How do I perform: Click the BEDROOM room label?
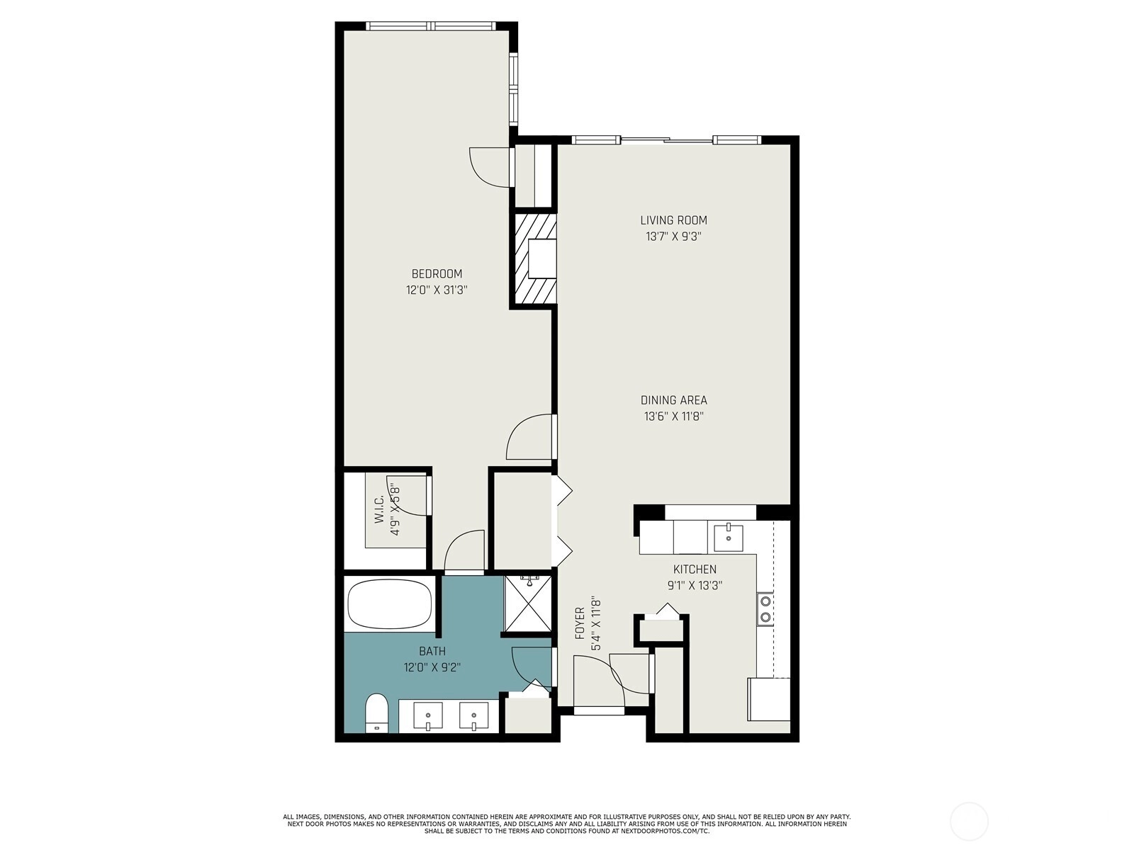pyautogui.click(x=437, y=273)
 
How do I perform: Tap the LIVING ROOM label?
pyautogui.click(x=674, y=220)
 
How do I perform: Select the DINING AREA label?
pyautogui.click(x=674, y=400)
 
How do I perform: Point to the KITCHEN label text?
pyautogui.click(x=695, y=569)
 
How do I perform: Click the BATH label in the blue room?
pyautogui.click(x=432, y=651)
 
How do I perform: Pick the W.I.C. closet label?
pyautogui.click(x=379, y=509)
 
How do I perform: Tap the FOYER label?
pyautogui.click(x=580, y=624)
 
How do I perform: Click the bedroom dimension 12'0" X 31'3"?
pyautogui.click(x=437, y=290)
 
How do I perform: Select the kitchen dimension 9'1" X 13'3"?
pyautogui.click(x=695, y=586)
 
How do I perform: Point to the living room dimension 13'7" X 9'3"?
pyautogui.click(x=674, y=237)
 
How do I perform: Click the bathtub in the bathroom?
pyautogui.click(x=390, y=603)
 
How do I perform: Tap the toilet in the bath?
pyautogui.click(x=376, y=713)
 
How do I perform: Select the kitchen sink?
pyautogui.click(x=729, y=538)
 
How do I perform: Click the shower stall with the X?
pyautogui.click(x=527, y=603)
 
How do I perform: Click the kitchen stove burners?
pyautogui.click(x=765, y=609)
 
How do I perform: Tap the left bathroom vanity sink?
pyautogui.click(x=428, y=716)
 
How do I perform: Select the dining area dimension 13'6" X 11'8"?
pyautogui.click(x=674, y=416)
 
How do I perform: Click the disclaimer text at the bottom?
pyautogui.click(x=567, y=824)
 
